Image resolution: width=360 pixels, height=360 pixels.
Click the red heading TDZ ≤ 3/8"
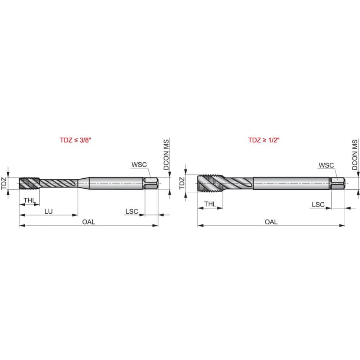point(75,140)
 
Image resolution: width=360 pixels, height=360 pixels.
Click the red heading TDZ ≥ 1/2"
point(264,140)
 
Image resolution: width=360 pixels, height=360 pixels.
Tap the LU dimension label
point(48,212)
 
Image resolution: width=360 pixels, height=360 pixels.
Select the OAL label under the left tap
point(89,222)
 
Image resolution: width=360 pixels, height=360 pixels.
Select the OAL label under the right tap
point(271,222)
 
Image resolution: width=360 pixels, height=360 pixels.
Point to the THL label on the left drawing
point(30,200)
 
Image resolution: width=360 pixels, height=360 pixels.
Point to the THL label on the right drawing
point(210,204)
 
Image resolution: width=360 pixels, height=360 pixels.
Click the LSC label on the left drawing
point(132,212)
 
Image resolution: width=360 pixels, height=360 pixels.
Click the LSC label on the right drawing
point(318,204)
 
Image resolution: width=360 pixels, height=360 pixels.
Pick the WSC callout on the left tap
point(139,165)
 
